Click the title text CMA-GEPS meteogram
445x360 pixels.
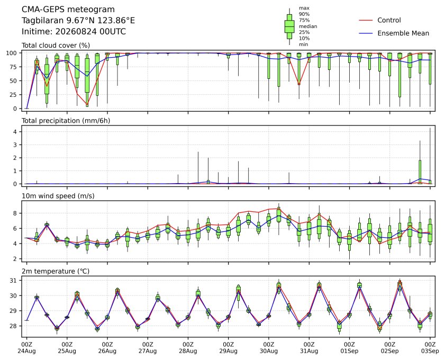68,10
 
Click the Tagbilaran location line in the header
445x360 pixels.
78,21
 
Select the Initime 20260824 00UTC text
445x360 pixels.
74,31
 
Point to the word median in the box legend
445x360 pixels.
308,26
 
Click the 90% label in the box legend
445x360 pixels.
304,14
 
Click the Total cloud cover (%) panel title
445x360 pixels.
56,46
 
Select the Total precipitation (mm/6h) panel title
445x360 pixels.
66,121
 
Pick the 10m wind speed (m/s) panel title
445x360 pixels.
58,196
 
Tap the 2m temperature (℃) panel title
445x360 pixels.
56,271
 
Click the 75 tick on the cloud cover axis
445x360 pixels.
14,67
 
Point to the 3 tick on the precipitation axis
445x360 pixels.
15,145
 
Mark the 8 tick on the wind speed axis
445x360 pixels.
15,213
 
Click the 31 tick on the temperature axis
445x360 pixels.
14,281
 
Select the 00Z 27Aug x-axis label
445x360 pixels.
148,348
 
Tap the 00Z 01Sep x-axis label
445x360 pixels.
349,348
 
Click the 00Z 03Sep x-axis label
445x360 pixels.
430,348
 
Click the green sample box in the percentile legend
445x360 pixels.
289,26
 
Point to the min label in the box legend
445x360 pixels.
303,44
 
